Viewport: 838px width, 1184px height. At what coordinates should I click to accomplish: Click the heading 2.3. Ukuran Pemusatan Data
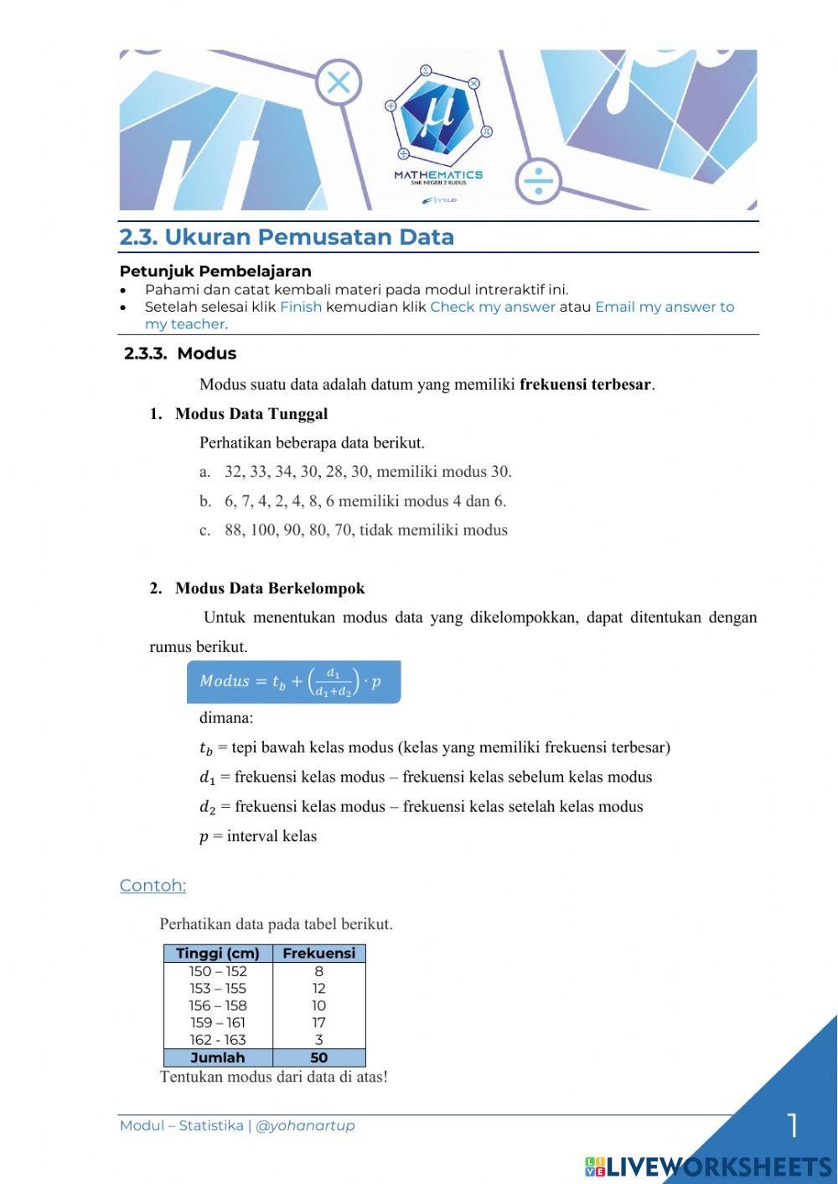coord(287,237)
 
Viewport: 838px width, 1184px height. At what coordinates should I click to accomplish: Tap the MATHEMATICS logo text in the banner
coord(438,175)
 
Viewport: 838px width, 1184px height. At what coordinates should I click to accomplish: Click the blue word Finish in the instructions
coord(301,307)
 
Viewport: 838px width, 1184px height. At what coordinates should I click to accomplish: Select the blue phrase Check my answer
coord(493,307)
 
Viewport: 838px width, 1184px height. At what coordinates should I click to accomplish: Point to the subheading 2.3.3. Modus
coord(180,354)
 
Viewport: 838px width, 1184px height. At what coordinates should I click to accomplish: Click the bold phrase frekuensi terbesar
coord(585,385)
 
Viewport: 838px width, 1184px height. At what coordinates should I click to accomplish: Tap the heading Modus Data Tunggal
coord(251,414)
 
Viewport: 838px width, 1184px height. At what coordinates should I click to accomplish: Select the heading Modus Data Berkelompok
coord(269,588)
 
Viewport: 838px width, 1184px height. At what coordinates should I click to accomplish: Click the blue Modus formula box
coord(293,682)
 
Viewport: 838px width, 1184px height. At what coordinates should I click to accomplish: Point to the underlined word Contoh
coord(153,886)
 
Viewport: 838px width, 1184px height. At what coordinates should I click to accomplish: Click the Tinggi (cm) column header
coord(218,954)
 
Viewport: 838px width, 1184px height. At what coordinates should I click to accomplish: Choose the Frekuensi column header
coord(318,954)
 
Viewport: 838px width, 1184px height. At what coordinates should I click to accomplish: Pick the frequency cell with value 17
coord(318,1023)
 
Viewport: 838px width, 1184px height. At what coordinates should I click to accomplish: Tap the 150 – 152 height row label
coord(218,972)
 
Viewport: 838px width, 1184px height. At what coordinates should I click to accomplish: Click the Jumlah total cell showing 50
coord(318,1057)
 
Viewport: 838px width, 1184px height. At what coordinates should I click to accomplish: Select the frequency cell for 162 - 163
coord(318,1040)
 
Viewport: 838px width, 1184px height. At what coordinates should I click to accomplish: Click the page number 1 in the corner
coord(792,1125)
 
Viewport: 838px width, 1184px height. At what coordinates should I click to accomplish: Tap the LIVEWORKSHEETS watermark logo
coord(708,1166)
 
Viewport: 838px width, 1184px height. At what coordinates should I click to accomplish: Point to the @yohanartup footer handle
coord(305,1125)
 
